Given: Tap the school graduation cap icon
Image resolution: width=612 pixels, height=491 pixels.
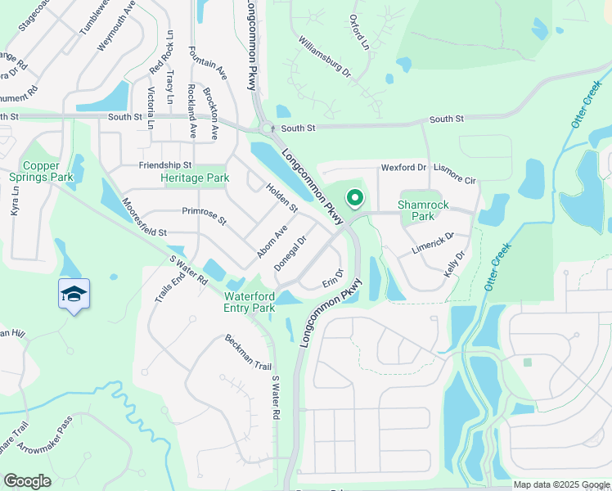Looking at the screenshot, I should click(x=74, y=294).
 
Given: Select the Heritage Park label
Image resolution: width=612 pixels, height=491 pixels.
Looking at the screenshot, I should click(x=195, y=178).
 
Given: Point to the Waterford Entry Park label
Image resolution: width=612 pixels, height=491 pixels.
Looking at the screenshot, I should click(x=249, y=302).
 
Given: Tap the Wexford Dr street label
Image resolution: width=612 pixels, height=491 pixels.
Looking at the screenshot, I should click(x=403, y=168).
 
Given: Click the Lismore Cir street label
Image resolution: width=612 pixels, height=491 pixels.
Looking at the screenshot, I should click(x=455, y=174).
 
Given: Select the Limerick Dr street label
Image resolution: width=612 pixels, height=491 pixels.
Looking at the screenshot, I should click(x=432, y=243).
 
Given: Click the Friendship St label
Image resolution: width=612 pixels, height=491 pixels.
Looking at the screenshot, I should click(x=164, y=164).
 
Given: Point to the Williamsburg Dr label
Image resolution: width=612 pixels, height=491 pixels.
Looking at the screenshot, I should click(x=324, y=56).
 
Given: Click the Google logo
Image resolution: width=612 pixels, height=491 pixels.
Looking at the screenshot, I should click(x=27, y=481).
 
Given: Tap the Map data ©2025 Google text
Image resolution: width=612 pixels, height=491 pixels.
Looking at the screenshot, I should click(x=560, y=484).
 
